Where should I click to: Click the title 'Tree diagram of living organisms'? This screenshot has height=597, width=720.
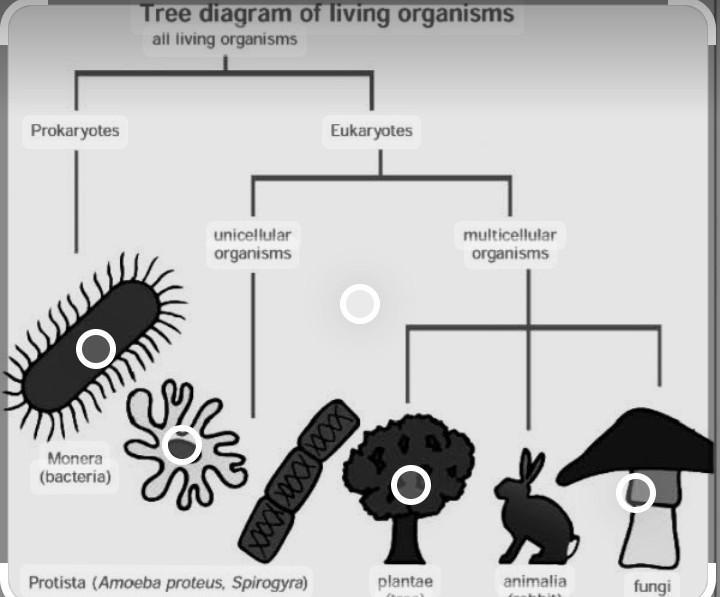(326, 14)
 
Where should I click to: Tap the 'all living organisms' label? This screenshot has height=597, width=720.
(225, 40)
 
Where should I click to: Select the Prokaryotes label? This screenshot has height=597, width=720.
(75, 131)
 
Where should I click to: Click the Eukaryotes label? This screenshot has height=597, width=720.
(371, 131)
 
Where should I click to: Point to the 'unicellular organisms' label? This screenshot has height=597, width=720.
(252, 244)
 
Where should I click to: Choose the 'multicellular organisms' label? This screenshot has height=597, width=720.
(510, 244)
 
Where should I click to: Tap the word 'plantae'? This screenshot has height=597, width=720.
(405, 581)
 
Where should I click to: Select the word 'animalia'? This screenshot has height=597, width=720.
(535, 581)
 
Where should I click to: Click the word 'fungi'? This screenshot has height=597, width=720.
(651, 586)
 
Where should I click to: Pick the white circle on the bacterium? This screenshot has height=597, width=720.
(96, 348)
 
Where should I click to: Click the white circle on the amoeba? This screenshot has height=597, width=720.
(181, 444)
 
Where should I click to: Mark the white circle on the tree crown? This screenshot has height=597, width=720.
(410, 485)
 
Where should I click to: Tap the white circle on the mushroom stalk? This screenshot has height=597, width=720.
(635, 492)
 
